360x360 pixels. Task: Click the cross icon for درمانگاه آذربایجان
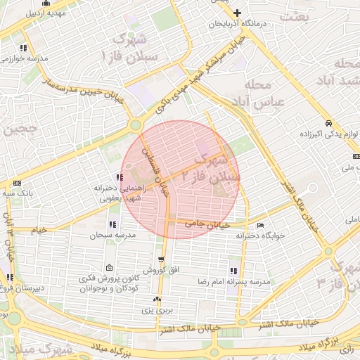tap(238, 13)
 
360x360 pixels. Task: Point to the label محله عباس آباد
tap(258, 94)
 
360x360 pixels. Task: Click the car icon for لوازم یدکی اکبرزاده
tap(328, 121)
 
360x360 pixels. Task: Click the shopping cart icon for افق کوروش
tap(161, 260)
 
